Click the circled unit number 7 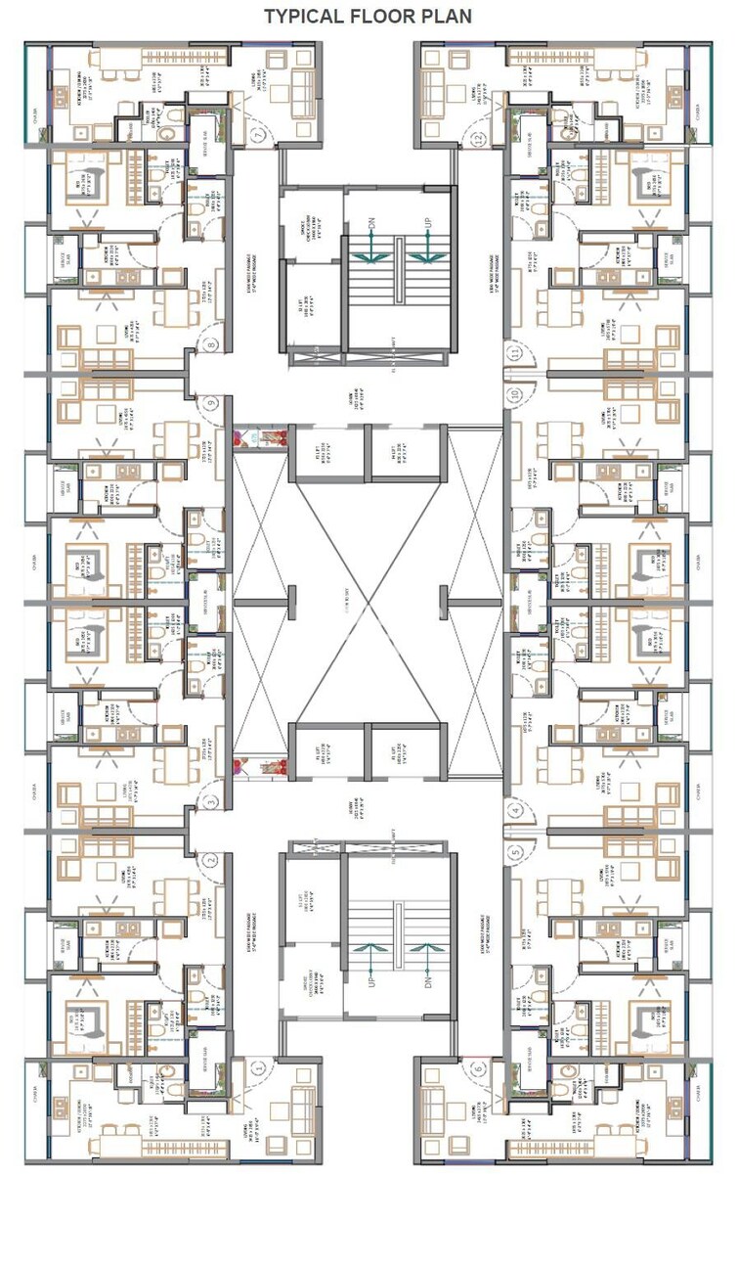259,136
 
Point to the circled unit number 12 478,137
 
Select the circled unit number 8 211,343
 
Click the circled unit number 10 514,395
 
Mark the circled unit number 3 211,802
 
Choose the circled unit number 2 211,860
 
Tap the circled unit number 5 515,852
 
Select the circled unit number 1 259,1068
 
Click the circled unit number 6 478,1068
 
